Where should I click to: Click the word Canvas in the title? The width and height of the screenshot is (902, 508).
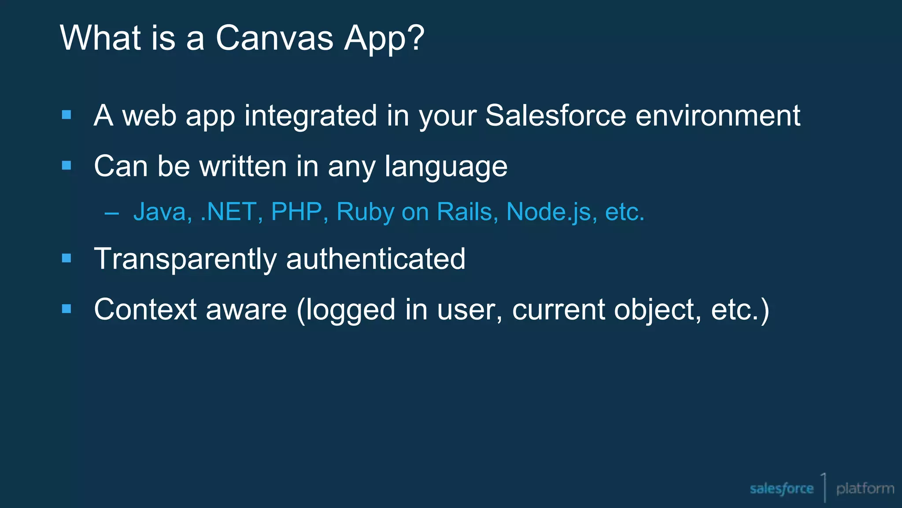pos(274,38)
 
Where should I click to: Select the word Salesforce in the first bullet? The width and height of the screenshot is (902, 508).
pos(555,116)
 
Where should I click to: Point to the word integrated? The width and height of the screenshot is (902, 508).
pos(311,116)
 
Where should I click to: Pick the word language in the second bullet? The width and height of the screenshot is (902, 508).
pos(446,167)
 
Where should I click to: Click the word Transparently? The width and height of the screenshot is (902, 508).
pos(185,259)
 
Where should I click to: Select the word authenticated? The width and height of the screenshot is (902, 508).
pos(376,259)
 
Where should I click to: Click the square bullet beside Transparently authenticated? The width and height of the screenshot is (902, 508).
pos(67,258)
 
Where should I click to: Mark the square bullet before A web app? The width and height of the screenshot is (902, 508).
pos(67,115)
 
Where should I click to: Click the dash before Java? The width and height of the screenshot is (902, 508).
pos(112,213)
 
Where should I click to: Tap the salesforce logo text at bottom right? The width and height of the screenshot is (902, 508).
pos(781,489)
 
